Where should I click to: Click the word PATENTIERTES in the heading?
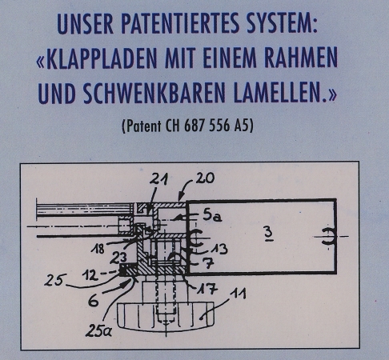181,23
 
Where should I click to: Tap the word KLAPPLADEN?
102,58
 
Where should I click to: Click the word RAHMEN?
301,58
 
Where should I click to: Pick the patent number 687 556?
207,126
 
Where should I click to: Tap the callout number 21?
158,179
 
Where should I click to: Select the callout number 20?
205,178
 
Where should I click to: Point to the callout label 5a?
212,215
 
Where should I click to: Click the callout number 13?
219,249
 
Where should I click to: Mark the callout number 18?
98,250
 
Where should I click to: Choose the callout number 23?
118,258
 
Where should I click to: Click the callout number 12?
90,275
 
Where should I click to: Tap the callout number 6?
94,301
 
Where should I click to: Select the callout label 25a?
98,331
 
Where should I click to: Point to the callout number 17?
208,289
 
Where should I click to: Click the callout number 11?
239,294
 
